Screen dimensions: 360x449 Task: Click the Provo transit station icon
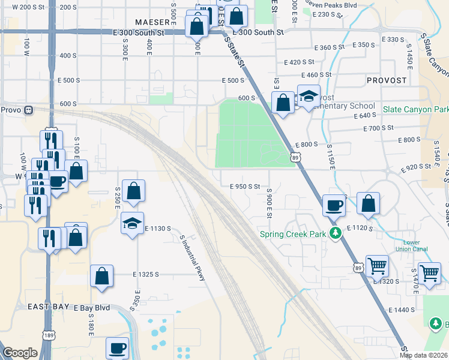tap(28, 110)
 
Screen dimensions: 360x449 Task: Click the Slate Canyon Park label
tap(416, 109)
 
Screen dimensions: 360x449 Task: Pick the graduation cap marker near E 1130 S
tap(132, 223)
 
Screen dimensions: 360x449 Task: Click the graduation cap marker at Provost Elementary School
tap(308, 96)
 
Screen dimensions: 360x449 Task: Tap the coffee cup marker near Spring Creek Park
tap(334, 205)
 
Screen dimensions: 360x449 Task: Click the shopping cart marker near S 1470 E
tap(430, 273)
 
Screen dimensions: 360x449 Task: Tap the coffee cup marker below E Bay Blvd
tap(117, 348)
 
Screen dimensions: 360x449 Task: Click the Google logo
tap(20, 353)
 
